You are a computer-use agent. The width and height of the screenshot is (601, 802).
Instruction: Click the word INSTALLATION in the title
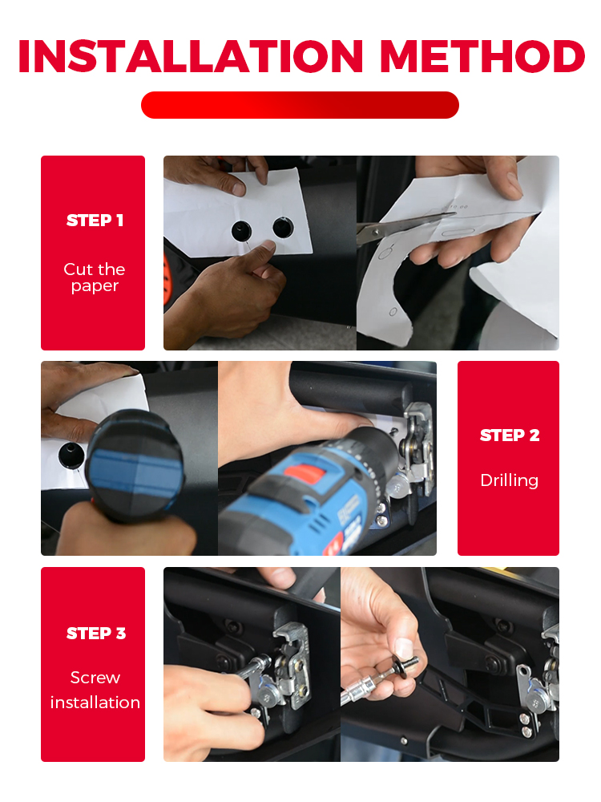(x=191, y=56)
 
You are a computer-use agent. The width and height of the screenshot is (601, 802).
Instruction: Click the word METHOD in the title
(x=482, y=56)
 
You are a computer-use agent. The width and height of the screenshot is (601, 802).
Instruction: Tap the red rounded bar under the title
(x=300, y=105)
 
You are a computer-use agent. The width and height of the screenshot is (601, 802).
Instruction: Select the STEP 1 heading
(x=95, y=221)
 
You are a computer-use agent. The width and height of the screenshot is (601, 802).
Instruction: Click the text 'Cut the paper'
(x=95, y=277)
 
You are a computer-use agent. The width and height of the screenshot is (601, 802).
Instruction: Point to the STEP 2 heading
(x=510, y=435)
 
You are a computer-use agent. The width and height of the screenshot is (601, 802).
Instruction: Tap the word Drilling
(x=510, y=480)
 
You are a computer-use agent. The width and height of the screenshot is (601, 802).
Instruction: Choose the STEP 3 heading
(x=96, y=634)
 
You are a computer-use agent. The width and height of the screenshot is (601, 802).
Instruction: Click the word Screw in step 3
(x=95, y=678)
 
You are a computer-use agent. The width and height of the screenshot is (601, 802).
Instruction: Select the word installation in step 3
(x=95, y=703)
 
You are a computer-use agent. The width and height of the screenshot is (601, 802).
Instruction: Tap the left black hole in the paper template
(x=242, y=231)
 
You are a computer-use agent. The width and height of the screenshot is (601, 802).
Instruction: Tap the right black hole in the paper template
(x=283, y=228)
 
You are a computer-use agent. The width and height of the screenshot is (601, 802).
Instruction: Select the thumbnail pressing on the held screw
(x=404, y=648)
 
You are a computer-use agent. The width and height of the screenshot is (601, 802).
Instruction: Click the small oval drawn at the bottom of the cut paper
(x=393, y=312)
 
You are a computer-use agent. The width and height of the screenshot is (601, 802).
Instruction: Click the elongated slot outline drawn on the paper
(x=458, y=233)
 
